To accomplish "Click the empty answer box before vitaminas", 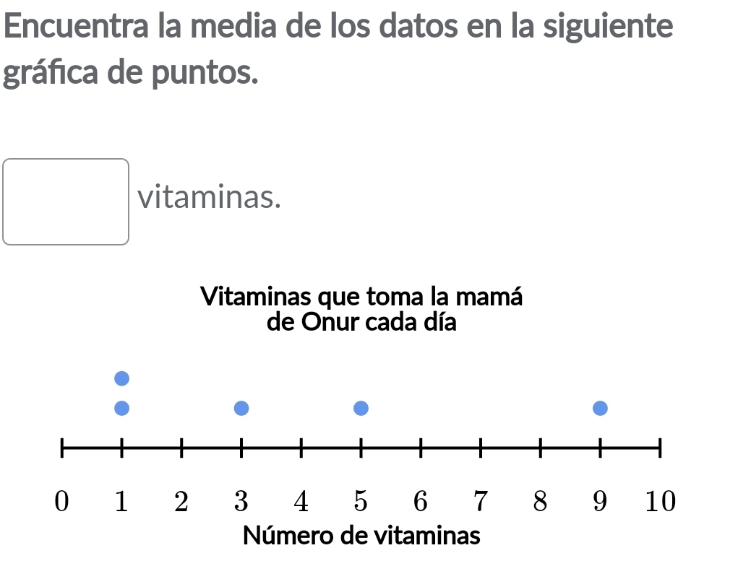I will pos(66,201).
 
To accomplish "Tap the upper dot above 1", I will pos(121,378).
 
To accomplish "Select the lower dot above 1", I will pos(121,409).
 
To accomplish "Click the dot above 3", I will pos(241,409).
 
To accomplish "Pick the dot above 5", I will pos(361,409).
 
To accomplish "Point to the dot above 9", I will pos(600,409).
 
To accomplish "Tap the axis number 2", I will pos(181,500).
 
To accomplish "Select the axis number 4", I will pos(301,500).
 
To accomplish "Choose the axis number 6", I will pos(421,500).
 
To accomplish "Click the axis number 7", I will pos(480,500).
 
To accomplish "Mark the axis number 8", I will pos(540,500).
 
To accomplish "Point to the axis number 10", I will pos(659,500).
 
